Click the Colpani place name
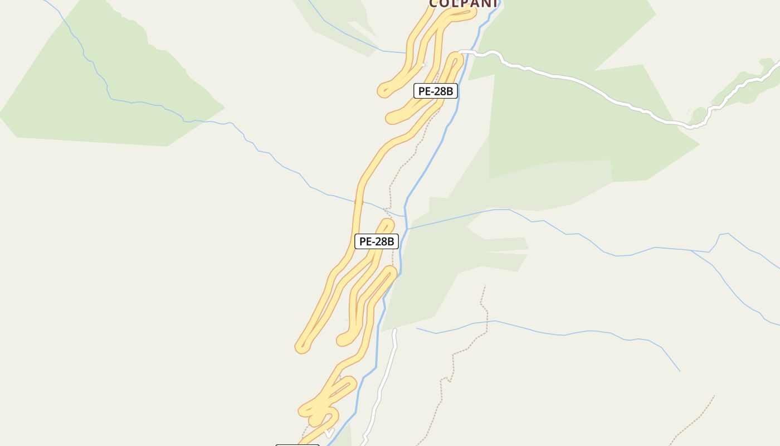[x=463, y=4]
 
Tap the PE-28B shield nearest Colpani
[x=435, y=91]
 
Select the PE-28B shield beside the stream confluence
[x=377, y=241]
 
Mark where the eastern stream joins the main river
[x=407, y=229]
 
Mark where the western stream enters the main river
[x=404, y=215]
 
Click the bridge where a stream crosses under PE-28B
[x=355, y=202]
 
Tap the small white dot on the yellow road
[x=423, y=65]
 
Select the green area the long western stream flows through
[x=111, y=84]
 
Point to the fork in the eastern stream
[x=691, y=251]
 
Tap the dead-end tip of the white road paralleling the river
[x=394, y=330]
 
